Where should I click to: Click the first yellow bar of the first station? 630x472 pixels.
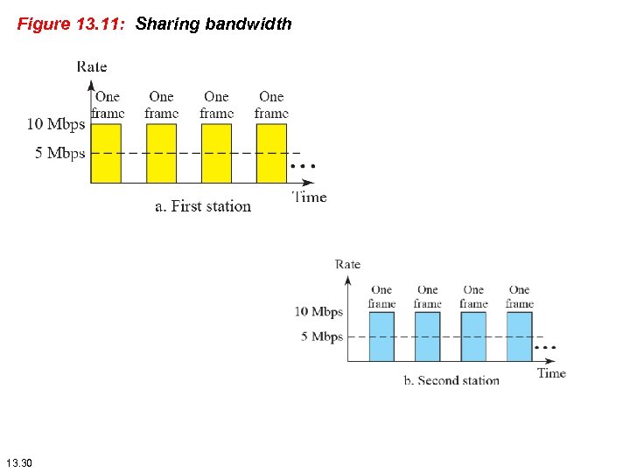106,152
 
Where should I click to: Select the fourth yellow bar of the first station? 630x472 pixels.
271,152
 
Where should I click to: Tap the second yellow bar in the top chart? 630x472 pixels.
161,152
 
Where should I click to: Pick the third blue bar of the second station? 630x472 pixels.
473,337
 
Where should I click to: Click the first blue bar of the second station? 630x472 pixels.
381,337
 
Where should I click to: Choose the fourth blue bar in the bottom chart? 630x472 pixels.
519,337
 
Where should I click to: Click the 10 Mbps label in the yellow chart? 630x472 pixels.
56,124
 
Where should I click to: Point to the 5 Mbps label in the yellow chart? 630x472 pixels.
60,153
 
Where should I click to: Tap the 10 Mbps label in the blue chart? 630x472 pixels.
318,312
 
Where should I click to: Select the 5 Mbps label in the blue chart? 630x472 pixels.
321,337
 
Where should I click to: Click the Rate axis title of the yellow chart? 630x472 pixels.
92,66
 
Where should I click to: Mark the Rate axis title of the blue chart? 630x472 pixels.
347,264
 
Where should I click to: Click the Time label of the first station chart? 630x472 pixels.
309,197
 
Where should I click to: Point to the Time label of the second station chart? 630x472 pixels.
551,373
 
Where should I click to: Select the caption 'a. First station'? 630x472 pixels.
203,206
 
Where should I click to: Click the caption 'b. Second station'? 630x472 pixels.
451,380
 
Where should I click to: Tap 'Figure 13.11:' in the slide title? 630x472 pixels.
73,24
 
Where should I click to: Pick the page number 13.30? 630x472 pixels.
18,462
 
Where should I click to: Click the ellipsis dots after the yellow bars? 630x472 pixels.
302,166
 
